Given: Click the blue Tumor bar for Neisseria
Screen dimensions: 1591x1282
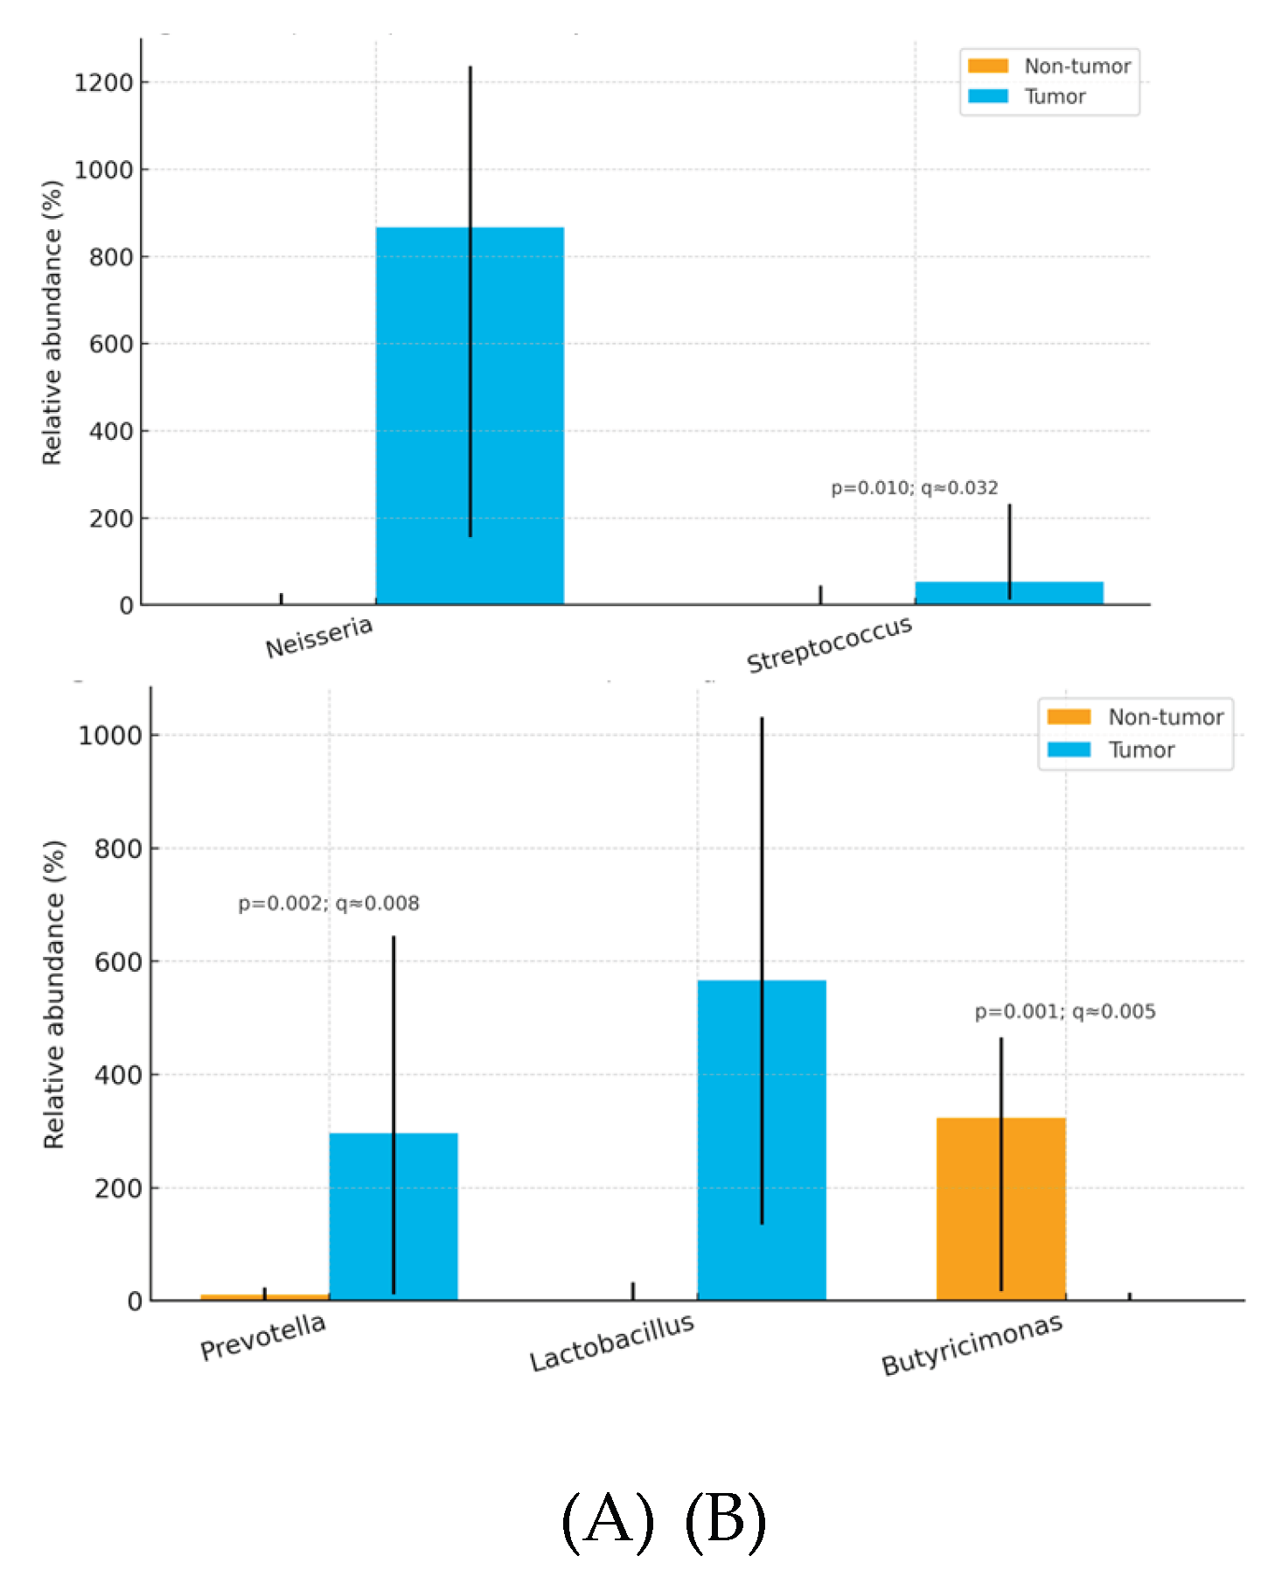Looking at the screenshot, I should coord(470,415).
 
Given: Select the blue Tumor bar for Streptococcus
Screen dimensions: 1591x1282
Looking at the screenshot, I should coord(1008,593).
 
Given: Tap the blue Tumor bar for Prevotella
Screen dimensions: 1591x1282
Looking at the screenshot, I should coord(394,1216).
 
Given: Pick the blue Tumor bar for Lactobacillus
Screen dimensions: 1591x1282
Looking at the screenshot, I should coord(761,1140).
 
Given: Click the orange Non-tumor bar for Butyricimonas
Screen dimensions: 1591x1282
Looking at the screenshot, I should coord(1000,1209).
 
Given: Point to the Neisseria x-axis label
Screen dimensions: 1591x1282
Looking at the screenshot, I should coord(319,637).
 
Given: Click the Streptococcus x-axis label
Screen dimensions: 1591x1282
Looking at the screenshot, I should coord(829,644).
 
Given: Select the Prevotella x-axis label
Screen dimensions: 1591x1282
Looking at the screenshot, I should coord(263,1336).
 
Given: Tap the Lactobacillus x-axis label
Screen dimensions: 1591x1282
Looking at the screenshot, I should coord(611,1342).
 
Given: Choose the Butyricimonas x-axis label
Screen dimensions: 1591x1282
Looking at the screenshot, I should coord(972,1344).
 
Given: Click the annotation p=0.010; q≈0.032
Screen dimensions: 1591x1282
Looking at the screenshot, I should coord(914,488).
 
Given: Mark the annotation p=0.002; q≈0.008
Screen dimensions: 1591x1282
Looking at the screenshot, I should coord(329,904).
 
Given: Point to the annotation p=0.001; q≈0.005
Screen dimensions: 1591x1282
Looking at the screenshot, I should coord(1065,1012).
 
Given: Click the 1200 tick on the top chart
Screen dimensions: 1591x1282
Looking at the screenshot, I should coord(103,83).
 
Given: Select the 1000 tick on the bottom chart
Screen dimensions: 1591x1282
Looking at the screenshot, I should coord(110,736).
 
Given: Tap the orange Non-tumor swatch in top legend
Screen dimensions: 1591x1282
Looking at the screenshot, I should coord(988,66).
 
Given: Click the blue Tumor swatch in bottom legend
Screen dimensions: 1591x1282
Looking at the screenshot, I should coord(1069,750).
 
